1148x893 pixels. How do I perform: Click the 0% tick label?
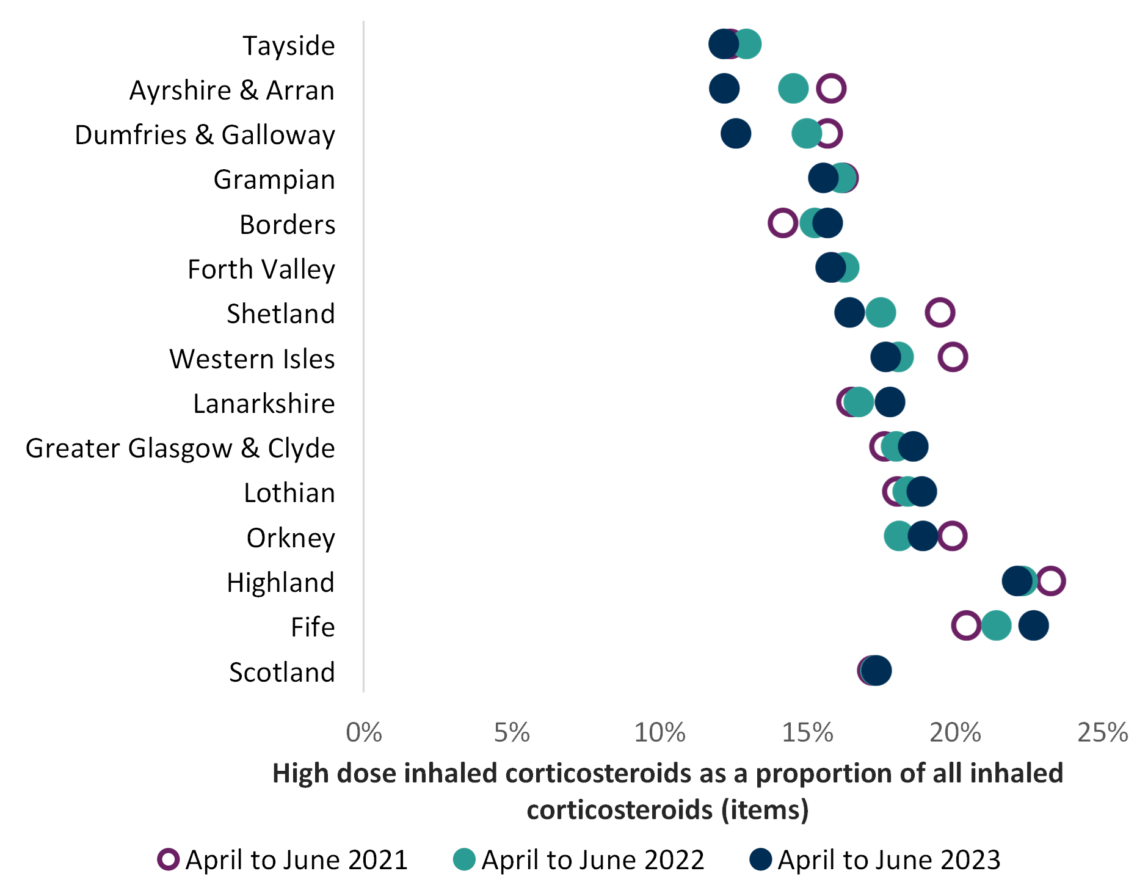pos(364,732)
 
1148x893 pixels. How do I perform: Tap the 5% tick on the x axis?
pos(512,732)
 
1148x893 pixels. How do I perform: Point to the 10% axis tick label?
pos(659,732)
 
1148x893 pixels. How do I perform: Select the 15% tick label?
pos(807,732)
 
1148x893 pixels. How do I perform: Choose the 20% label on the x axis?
pos(955,732)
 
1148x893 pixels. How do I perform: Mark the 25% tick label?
pos(1103,732)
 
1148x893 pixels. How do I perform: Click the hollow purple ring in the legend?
pos(169,859)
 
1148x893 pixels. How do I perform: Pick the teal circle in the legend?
pos(464,859)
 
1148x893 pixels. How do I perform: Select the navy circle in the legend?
pos(761,859)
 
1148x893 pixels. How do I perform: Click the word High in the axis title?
pos(300,774)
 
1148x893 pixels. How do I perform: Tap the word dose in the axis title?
pos(366,774)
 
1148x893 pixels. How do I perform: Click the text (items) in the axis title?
pos(765,811)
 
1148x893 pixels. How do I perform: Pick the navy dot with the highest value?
pos(1034,625)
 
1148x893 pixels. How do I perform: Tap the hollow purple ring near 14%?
pos(783,222)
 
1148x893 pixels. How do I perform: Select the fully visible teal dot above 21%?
pos(997,625)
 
